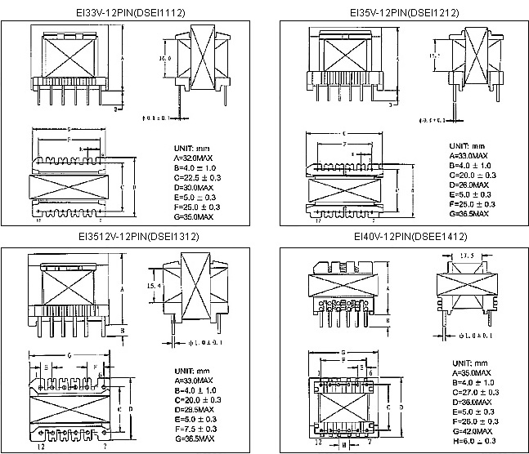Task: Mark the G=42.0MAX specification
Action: click(468, 430)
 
